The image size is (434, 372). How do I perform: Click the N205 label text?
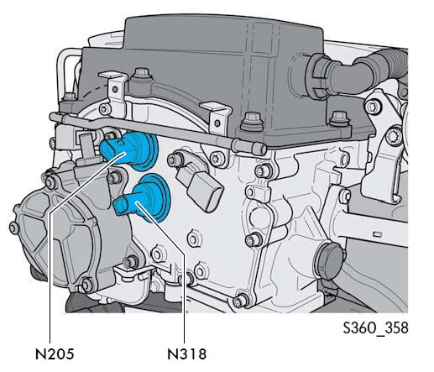click(55, 354)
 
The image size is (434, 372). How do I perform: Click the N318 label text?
click(186, 354)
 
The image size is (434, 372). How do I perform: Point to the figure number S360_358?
click(375, 327)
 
